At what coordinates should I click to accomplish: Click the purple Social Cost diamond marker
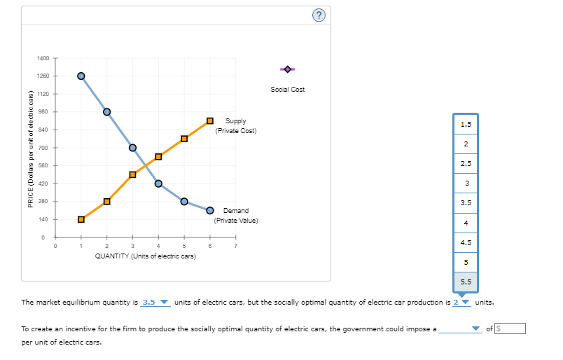(x=288, y=69)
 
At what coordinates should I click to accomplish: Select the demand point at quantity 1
(x=81, y=76)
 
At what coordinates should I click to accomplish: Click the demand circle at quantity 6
(x=210, y=210)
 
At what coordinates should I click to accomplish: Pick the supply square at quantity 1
(x=81, y=219)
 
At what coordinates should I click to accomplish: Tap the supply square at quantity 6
(x=210, y=121)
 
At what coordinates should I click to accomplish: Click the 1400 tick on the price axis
(x=43, y=57)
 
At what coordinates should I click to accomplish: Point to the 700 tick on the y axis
(x=43, y=148)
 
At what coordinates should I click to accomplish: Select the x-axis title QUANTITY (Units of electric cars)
(x=145, y=256)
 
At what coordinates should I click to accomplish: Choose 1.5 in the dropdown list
(x=466, y=125)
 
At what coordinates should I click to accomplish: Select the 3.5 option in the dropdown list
(x=466, y=203)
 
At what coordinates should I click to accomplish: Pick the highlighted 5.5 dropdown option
(x=466, y=282)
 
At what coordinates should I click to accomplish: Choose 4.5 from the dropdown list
(x=466, y=242)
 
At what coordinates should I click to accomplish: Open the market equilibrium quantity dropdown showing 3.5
(x=155, y=303)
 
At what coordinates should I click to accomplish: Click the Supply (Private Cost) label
(x=236, y=126)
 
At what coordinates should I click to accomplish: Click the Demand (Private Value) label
(x=236, y=215)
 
